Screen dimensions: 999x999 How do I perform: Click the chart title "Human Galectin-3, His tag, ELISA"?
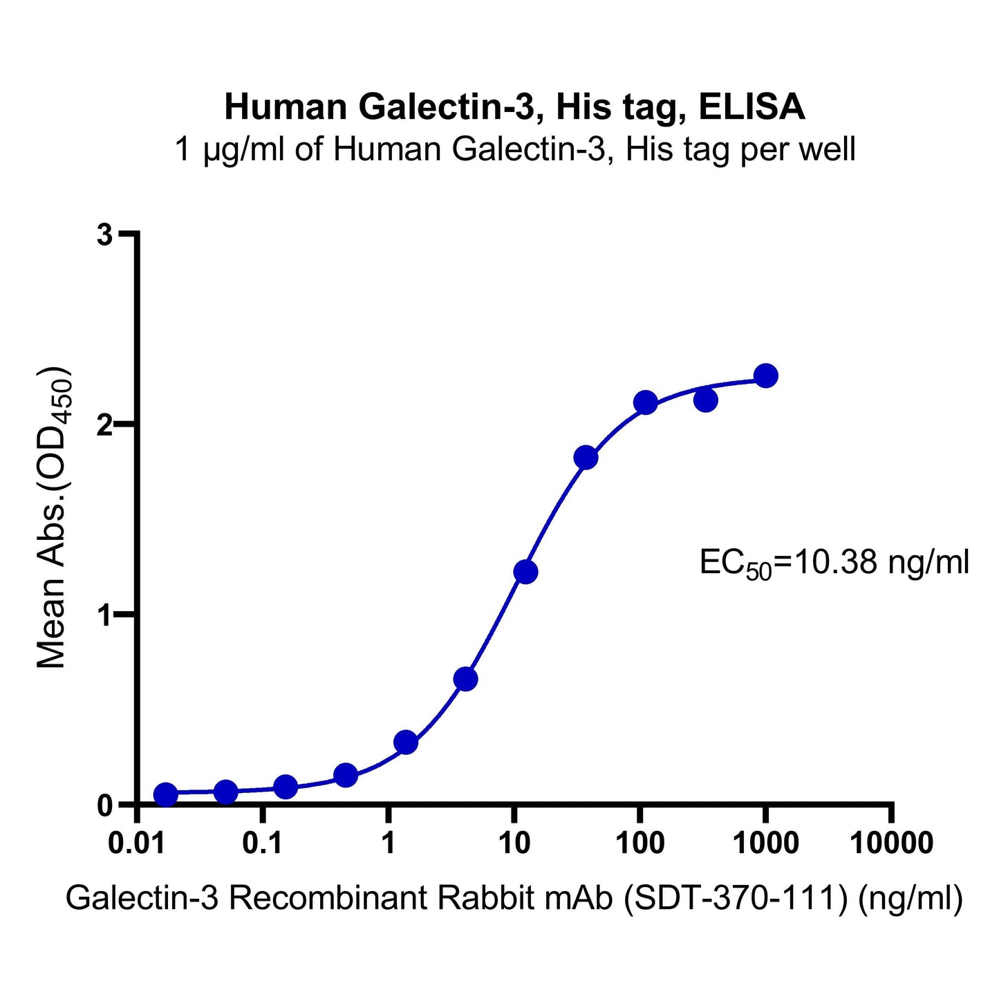[514, 108]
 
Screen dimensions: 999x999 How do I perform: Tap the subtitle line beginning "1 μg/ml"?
[515, 149]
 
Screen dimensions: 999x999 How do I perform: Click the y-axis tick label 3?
[104, 235]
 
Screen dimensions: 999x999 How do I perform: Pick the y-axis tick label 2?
[104, 424]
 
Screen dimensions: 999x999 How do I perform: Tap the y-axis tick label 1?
[104, 615]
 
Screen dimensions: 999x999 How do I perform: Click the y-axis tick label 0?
[104, 805]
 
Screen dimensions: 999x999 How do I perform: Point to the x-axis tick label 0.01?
[139, 844]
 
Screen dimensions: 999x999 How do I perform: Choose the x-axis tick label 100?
[639, 844]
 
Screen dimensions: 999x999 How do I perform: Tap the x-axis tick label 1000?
[765, 844]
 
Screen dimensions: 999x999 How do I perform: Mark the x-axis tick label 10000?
[890, 844]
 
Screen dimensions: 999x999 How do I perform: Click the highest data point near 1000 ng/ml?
[765, 376]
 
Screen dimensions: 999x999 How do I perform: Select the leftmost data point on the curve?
[165, 794]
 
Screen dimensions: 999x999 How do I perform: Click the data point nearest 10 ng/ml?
[525, 572]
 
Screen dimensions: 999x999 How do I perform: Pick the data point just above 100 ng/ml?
[645, 402]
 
